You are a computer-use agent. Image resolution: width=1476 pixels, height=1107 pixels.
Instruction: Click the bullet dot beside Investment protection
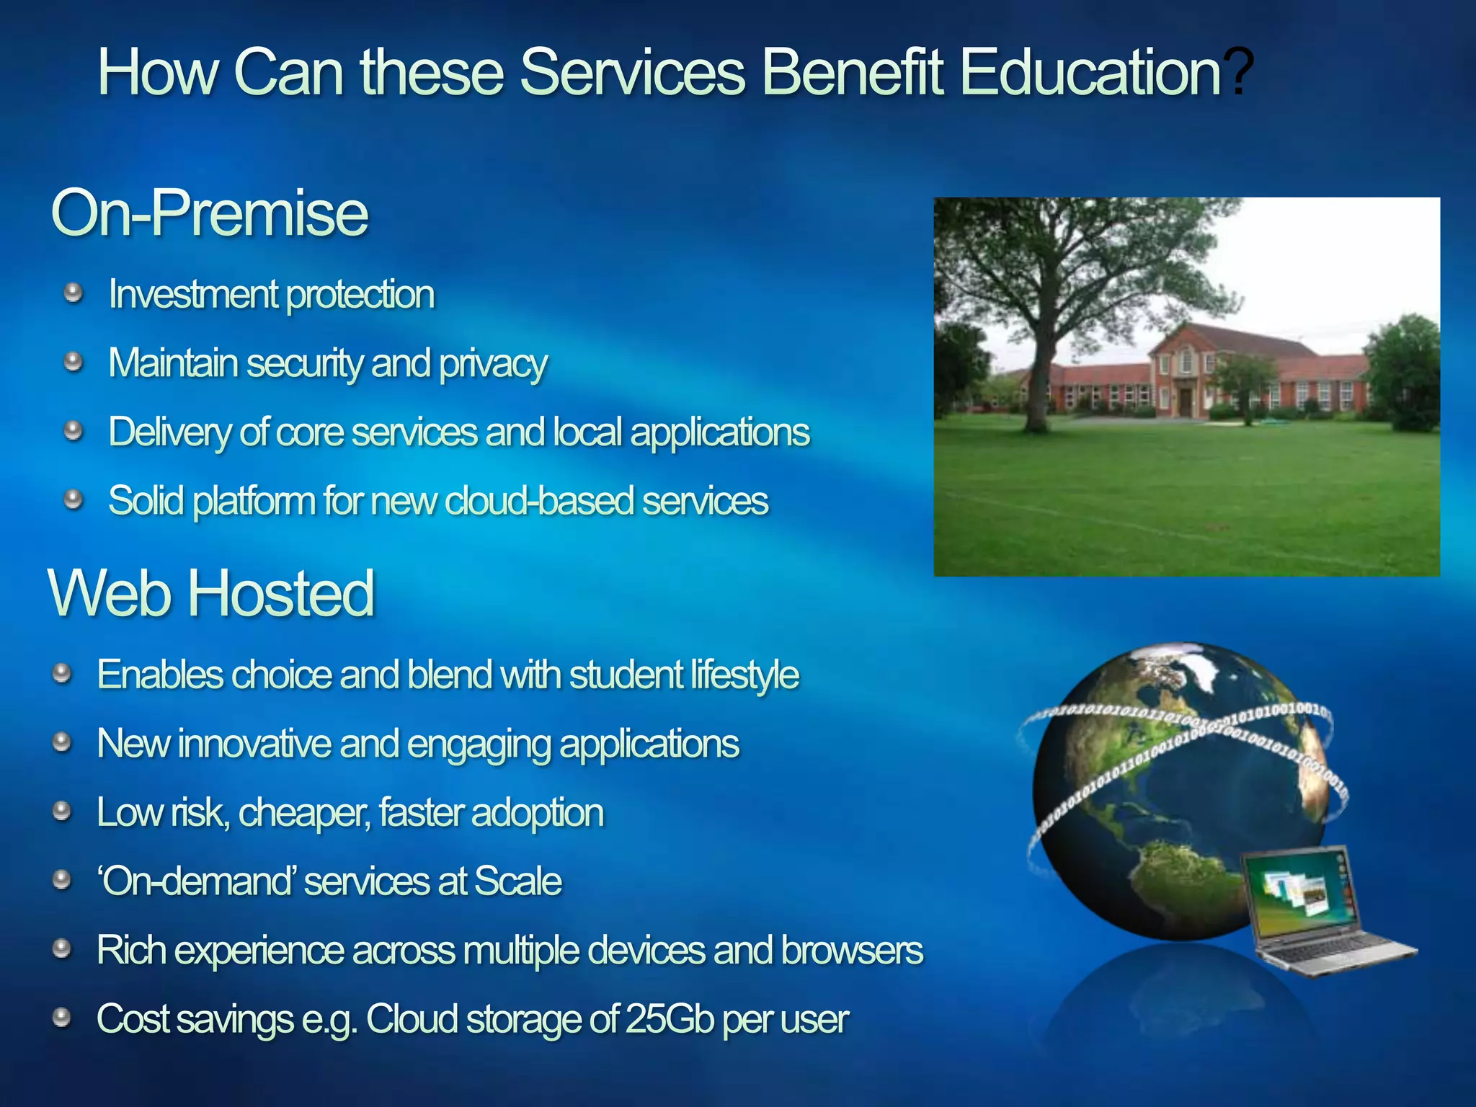[73, 293]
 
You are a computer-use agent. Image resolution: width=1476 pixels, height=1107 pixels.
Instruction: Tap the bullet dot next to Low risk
[62, 811]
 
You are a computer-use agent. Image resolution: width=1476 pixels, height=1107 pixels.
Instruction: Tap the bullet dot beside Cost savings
[62, 1018]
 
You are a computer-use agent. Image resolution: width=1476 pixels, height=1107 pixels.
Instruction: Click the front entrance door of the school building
[1185, 401]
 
